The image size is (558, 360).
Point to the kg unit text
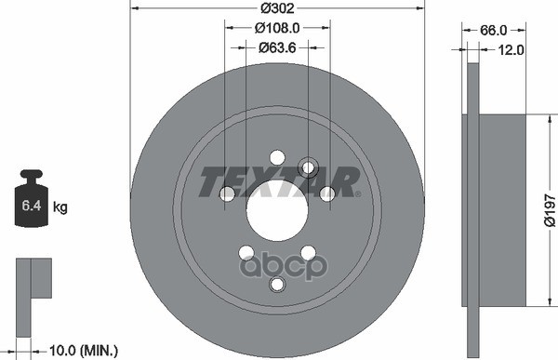[x=60, y=207]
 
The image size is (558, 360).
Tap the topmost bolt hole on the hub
[x=276, y=157]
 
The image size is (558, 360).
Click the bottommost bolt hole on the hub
[x=276, y=285]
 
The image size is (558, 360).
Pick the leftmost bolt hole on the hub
[x=227, y=193]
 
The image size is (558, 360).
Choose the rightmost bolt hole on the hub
[x=327, y=193]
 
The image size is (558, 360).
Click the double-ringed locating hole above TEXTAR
[x=309, y=168]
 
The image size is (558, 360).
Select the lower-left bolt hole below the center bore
[x=246, y=253]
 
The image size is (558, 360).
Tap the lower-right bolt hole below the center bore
[x=308, y=253]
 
